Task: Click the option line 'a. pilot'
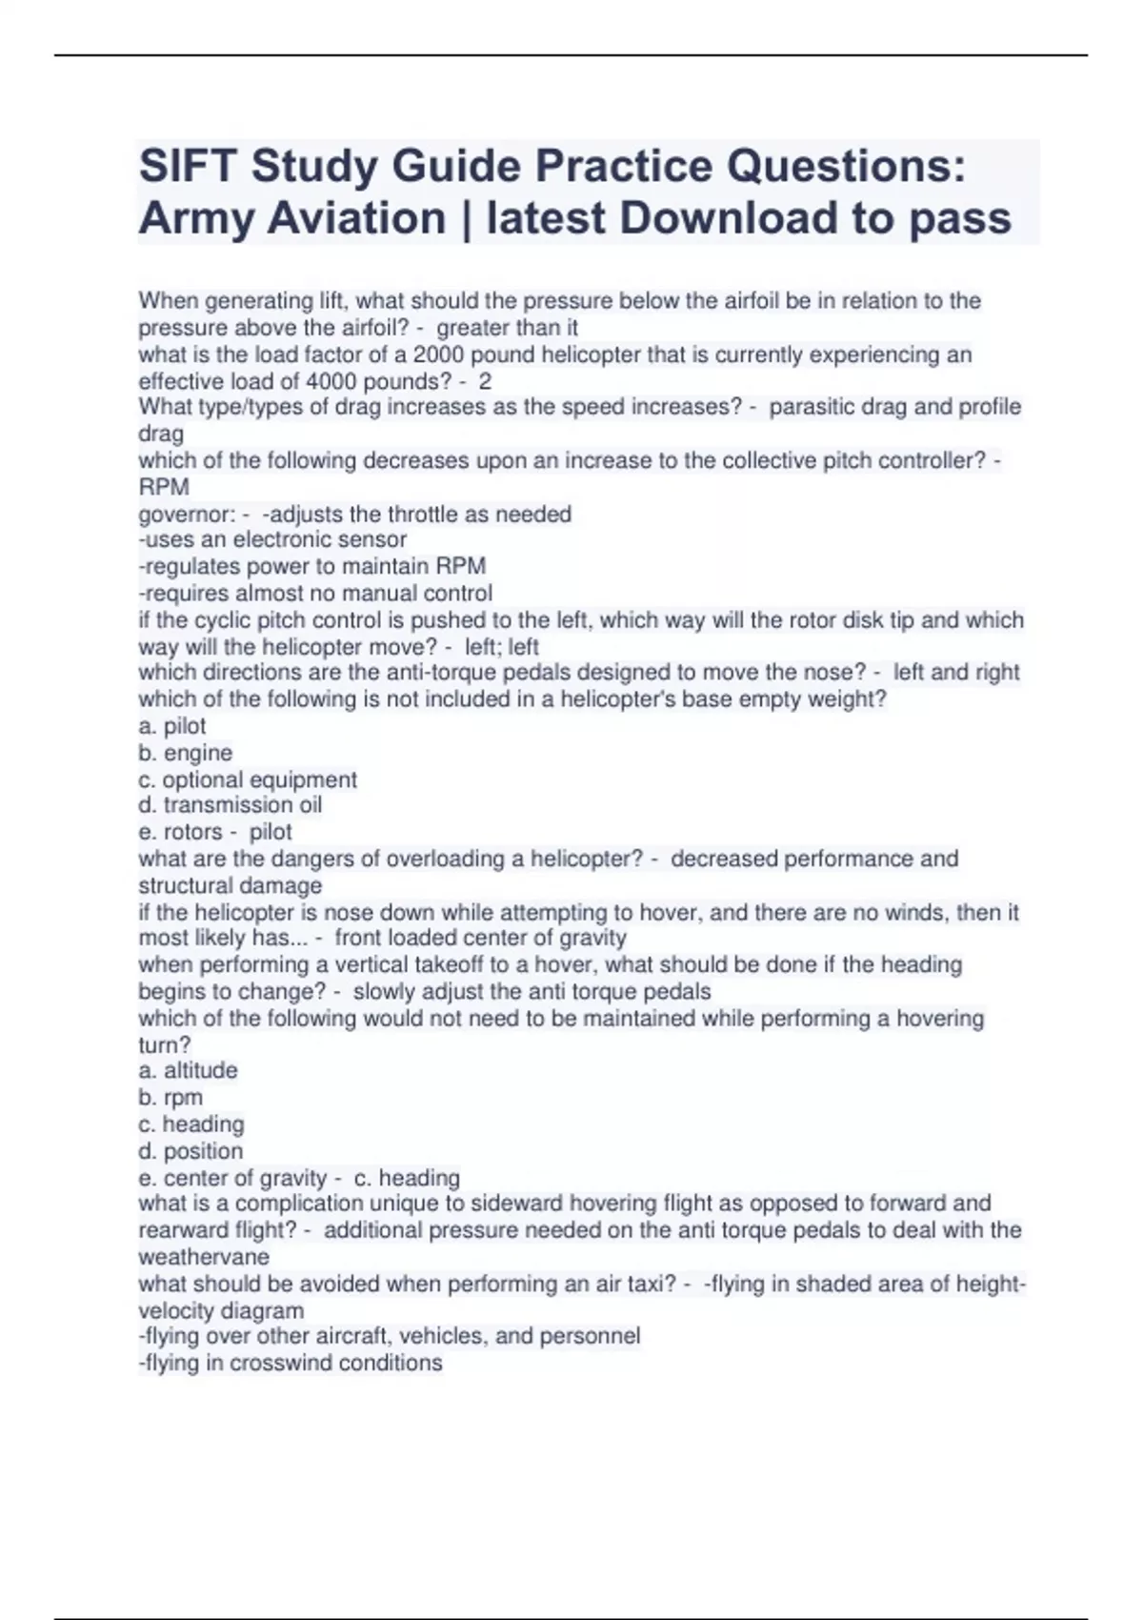(172, 726)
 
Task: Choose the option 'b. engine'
(186, 753)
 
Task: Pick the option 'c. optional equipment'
(248, 780)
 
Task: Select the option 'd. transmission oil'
(231, 805)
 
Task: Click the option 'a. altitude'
(189, 1070)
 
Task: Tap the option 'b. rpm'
(170, 1097)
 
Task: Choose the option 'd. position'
(190, 1150)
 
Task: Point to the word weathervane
(204, 1256)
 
